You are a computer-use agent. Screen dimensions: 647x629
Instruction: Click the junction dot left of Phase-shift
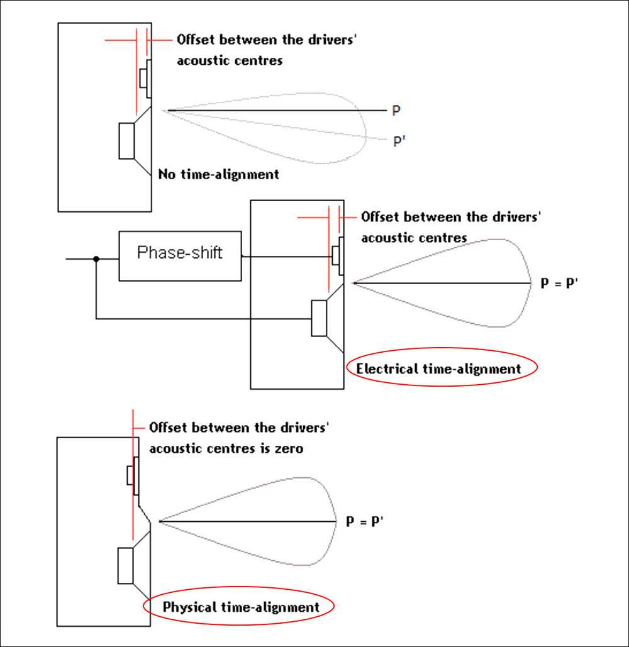pos(96,258)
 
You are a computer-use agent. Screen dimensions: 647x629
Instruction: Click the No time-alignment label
pos(219,174)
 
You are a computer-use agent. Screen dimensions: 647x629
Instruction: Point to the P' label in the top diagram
pos(398,140)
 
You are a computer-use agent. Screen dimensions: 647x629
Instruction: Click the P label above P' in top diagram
pos(396,111)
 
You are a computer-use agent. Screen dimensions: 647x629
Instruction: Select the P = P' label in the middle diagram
pos(559,284)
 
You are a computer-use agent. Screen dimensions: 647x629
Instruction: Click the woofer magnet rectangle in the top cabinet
pos(127,141)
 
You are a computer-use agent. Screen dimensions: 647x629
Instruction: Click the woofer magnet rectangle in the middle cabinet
pos(320,319)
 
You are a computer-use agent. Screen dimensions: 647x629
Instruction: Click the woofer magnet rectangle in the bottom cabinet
pos(126,566)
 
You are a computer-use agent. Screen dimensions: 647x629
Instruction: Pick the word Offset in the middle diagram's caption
pos(381,217)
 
